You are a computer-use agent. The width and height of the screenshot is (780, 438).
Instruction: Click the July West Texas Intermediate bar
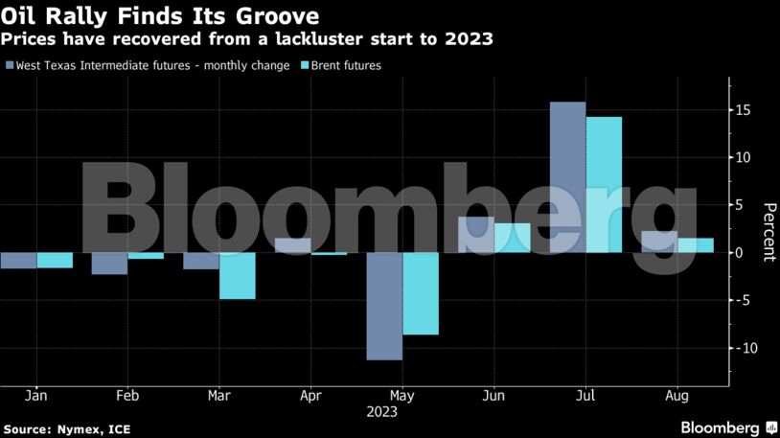coord(568,177)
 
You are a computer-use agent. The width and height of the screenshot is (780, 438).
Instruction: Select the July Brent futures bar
coord(604,185)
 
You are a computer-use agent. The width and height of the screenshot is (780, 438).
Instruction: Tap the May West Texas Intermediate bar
coord(384,306)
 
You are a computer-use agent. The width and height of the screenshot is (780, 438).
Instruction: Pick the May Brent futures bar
coord(421,293)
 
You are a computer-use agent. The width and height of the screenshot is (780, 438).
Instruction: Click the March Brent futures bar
coord(238,276)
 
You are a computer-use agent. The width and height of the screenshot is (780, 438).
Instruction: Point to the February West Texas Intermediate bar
coord(109,264)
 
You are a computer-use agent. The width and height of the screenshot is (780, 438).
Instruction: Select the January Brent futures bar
coord(55,260)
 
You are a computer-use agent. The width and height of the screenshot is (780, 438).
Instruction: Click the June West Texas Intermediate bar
coord(476,235)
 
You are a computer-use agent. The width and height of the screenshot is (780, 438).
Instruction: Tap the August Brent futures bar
coord(696,245)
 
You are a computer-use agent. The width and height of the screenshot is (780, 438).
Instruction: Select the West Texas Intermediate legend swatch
coord(10,66)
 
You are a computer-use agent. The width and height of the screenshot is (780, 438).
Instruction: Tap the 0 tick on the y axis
coord(740,253)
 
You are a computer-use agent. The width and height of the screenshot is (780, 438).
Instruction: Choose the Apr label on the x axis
coord(310,395)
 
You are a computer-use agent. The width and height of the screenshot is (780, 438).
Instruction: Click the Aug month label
coord(677,395)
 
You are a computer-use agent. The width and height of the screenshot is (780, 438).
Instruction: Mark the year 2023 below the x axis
coord(381,412)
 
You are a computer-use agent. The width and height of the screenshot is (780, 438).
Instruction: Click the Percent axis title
coord(768,232)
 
